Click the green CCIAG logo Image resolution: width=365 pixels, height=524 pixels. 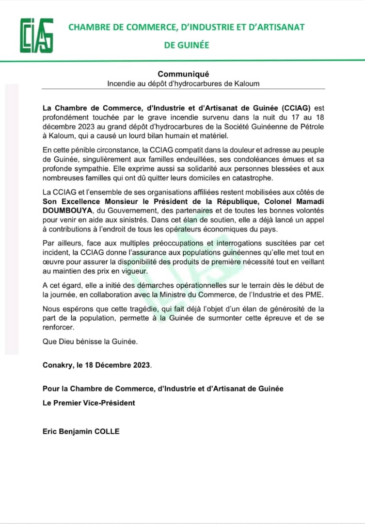point(36,35)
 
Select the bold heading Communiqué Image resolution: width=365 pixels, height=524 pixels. point(183,74)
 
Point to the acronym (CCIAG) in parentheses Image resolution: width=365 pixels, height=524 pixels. point(292,107)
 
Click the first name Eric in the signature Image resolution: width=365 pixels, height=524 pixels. point(50,431)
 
